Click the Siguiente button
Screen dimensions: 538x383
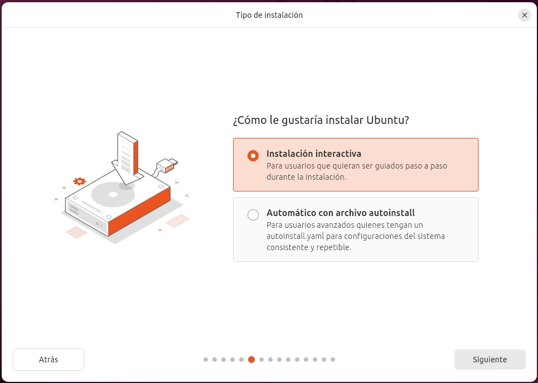489,360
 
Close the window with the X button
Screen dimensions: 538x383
524,15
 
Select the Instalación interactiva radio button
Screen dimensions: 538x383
253,156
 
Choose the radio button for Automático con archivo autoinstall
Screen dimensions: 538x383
253,215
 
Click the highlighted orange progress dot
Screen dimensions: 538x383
251,360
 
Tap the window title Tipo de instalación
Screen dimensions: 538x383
269,15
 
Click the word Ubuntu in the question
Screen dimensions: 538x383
387,120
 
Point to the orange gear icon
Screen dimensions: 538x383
79,181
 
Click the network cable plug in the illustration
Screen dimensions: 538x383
167,165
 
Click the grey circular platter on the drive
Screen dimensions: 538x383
113,194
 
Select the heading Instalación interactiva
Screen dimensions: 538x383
314,154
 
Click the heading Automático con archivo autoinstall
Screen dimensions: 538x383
341,213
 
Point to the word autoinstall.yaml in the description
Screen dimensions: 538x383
295,236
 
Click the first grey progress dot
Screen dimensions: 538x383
206,360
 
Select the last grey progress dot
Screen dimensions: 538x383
332,360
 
